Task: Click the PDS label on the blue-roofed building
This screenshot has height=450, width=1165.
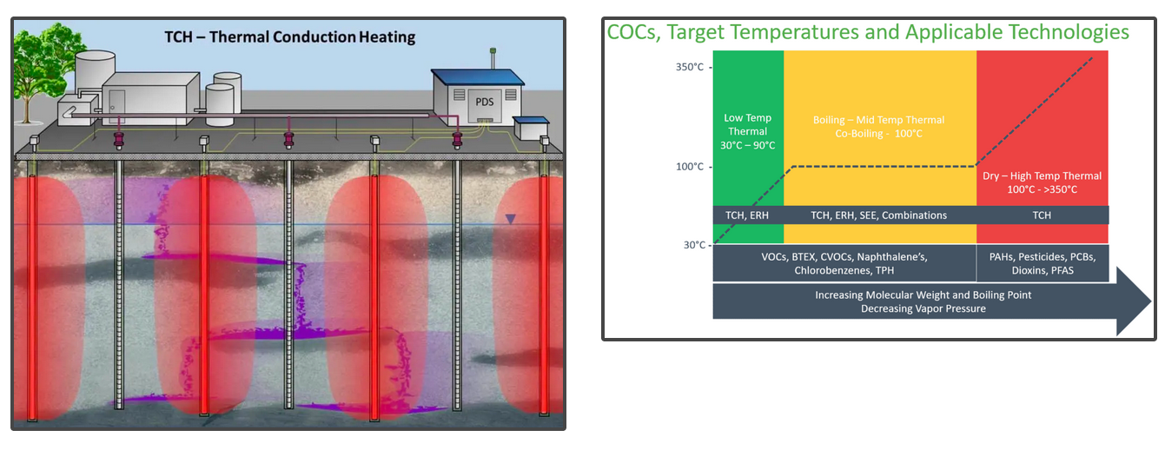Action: click(485, 103)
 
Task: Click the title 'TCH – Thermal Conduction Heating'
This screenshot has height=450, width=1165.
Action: click(290, 37)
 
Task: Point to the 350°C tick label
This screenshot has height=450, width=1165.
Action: click(690, 67)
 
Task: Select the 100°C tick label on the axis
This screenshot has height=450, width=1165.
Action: click(690, 166)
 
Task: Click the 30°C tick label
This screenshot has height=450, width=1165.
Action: click(692, 245)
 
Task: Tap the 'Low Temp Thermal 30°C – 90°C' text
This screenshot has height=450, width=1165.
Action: click(747, 130)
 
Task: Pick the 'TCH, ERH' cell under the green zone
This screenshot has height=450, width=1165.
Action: click(747, 215)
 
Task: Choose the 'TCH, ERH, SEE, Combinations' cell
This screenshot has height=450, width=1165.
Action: click(878, 215)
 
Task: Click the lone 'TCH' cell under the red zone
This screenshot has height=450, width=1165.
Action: click(1042, 215)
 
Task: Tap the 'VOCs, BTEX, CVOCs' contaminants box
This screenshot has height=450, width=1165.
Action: click(844, 263)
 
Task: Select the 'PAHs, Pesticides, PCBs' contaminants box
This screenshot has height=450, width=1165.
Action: click(1043, 263)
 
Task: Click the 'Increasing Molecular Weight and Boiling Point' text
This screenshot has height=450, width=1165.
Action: click(923, 295)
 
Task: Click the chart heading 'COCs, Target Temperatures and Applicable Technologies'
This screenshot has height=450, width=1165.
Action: click(868, 33)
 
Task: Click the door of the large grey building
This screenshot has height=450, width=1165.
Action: click(116, 101)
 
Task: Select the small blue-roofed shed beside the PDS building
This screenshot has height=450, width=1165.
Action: click(527, 129)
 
